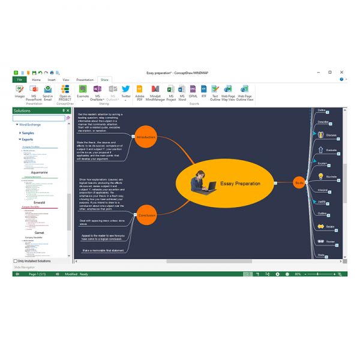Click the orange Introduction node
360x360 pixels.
[x=146, y=137]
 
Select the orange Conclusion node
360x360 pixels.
[x=146, y=215]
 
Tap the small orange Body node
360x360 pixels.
[x=299, y=182]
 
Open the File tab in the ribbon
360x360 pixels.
[x=20, y=79]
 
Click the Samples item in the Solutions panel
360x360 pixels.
[x=28, y=133]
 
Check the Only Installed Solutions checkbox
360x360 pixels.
[x=16, y=261]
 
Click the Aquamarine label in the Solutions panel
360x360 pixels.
[x=40, y=172]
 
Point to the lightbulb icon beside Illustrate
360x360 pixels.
[x=321, y=176]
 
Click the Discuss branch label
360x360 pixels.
[x=331, y=135]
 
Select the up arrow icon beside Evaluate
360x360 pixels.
[x=321, y=150]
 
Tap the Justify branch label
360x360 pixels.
[x=322, y=202]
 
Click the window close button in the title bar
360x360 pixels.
[x=342, y=72]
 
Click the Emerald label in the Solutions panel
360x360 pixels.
[x=40, y=203]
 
